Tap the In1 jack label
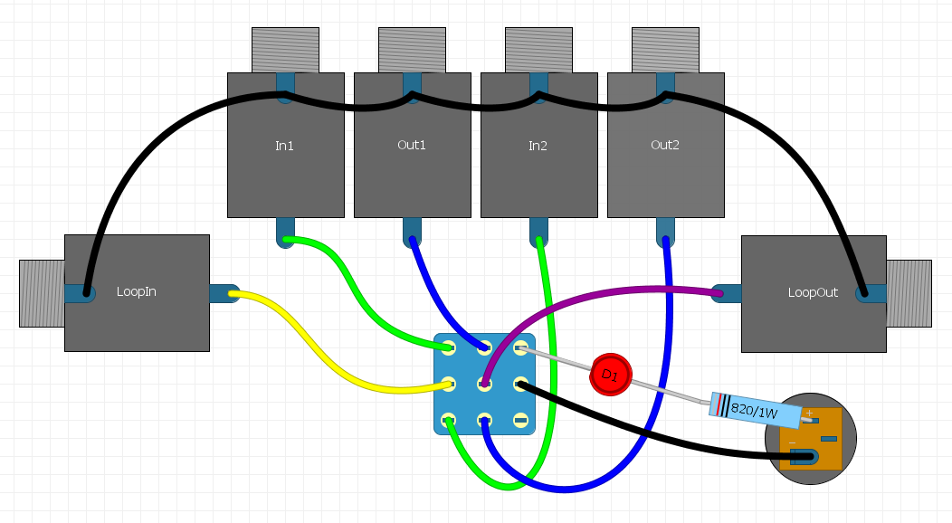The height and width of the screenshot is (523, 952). pos(284,145)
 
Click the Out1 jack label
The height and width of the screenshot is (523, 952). pos(411,145)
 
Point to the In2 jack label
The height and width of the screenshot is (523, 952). pos(538,145)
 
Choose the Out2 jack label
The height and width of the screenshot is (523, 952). pos(664,145)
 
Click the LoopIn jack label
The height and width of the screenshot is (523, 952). pos(136,292)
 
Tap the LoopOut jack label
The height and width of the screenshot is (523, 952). pos(813,292)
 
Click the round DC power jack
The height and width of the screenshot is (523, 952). pos(810,439)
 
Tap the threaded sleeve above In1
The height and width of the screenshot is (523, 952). pos(285,50)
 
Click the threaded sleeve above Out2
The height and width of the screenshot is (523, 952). pos(665,50)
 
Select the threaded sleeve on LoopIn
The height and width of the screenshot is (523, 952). pos(41,293)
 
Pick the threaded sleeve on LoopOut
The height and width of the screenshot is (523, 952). pos(909,293)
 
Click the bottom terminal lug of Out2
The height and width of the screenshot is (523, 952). pos(665,232)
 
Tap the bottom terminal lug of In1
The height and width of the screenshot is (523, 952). pos(285,232)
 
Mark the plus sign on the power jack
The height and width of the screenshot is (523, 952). pos(809,413)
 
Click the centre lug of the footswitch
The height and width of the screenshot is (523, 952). pos(484,384)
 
